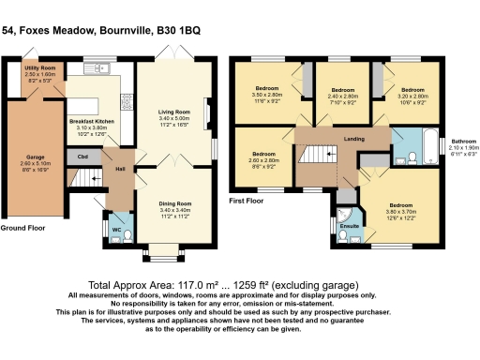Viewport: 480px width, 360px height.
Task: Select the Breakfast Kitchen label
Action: [x=91, y=121]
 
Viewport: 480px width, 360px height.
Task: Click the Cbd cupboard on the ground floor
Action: [x=83, y=157]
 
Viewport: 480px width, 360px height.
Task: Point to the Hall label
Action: [x=120, y=169]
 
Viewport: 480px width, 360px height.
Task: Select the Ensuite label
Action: [x=350, y=226]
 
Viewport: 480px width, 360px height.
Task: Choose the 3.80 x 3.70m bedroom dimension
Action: [x=401, y=211]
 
